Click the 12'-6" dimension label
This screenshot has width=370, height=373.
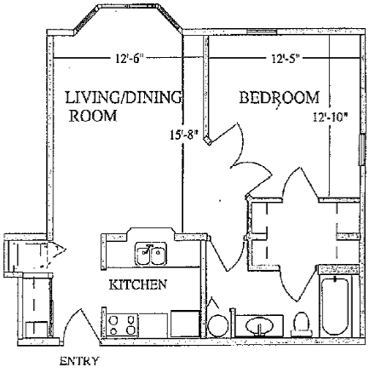129,59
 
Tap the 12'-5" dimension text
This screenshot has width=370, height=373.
285,59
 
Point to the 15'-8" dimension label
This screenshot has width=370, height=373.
183,135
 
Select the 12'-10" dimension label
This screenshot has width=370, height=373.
331,117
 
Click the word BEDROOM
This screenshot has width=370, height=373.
280,97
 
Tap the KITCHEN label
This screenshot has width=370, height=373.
138,284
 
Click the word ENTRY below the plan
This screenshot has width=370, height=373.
79,361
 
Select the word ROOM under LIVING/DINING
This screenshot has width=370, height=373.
93,116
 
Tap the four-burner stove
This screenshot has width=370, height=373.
122,325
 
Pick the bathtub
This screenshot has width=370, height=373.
335,307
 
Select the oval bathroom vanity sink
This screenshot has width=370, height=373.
259,324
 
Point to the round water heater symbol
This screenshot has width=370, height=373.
217,326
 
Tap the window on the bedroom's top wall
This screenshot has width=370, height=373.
262,32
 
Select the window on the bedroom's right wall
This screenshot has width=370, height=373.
362,149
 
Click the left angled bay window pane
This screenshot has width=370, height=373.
87,19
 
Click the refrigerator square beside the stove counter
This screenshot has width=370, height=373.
185,324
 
